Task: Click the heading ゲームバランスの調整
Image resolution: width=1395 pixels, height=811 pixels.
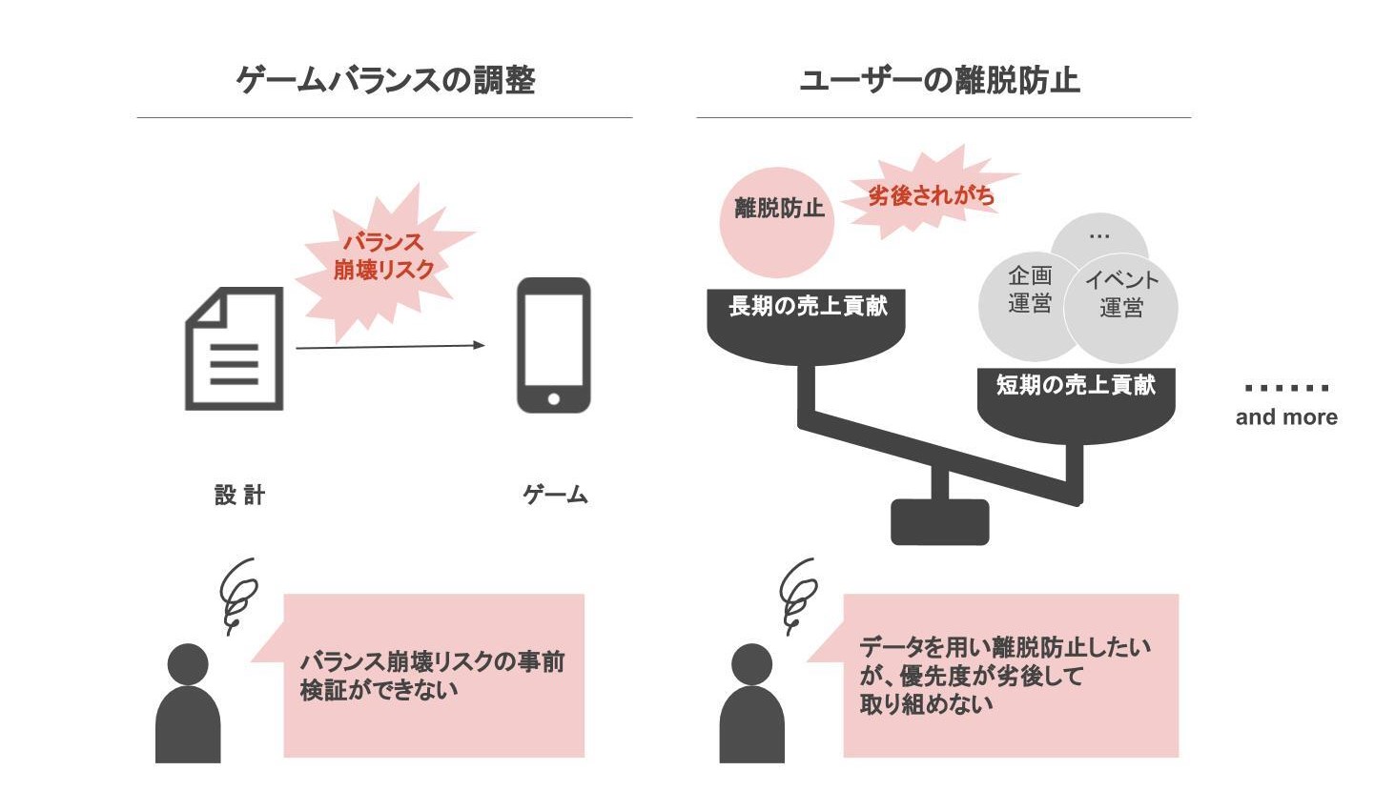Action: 385,81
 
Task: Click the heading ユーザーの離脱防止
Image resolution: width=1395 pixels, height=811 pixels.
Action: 939,81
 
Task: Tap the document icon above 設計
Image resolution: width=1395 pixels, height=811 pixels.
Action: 235,349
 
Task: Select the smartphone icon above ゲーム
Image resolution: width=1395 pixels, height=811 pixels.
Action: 553,345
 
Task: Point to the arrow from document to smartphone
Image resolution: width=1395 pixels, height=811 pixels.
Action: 390,346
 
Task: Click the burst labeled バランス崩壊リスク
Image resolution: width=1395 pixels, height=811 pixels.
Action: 383,257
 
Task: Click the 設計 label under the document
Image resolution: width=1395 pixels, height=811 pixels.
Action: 239,495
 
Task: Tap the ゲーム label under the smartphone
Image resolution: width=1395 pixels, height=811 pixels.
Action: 555,495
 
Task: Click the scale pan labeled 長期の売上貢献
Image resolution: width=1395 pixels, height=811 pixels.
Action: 807,324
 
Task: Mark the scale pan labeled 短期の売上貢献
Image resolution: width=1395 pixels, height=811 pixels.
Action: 1076,400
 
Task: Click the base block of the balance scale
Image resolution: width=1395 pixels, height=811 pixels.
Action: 939,521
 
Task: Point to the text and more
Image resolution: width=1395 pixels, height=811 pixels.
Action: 1286,416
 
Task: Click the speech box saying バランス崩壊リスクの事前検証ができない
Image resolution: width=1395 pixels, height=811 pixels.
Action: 434,676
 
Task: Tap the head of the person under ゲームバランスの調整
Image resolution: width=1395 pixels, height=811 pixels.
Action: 188,663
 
